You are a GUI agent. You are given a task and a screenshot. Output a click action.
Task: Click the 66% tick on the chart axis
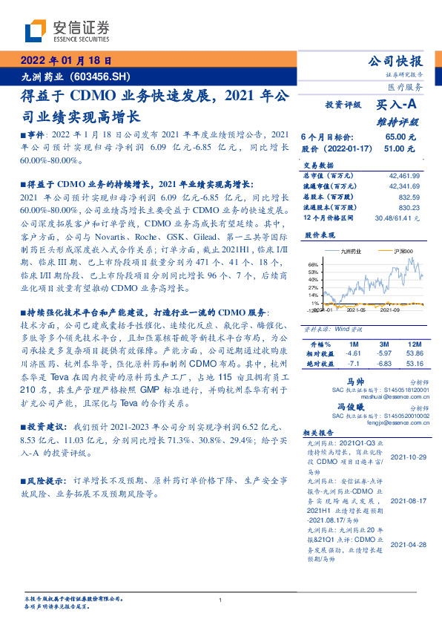[x=313, y=264]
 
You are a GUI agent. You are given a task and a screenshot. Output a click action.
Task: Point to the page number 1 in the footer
[x=221, y=600]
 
